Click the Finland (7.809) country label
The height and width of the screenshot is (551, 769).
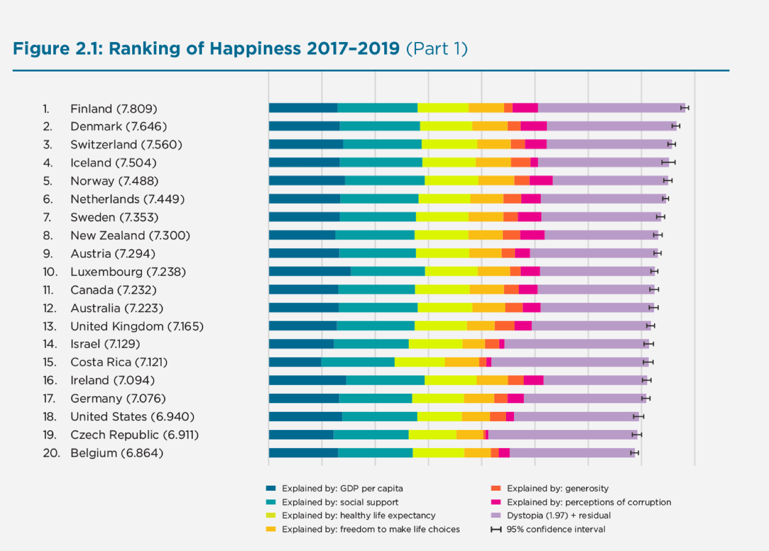coord(114,109)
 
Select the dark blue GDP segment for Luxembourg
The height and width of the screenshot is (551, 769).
coord(309,271)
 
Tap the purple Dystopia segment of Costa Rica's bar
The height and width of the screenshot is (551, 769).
coord(570,362)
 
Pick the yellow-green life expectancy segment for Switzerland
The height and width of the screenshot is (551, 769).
coord(449,144)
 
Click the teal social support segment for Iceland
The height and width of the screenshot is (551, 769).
coord(381,162)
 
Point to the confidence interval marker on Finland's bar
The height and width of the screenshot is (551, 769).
coord(685,108)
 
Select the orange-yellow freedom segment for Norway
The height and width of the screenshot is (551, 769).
coord(496,180)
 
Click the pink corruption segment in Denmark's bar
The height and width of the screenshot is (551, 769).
coord(534,126)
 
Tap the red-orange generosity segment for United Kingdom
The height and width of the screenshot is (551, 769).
coord(504,326)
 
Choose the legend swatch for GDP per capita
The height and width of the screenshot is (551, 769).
coord(271,488)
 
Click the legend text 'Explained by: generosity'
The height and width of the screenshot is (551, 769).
coord(558,488)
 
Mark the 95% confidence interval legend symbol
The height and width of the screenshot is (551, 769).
coord(496,529)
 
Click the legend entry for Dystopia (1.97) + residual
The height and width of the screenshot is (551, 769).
coord(559,515)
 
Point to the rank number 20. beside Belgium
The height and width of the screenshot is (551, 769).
coord(51,453)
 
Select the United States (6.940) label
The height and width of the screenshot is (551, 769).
coord(132,417)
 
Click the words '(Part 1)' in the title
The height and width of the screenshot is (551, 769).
coord(437,48)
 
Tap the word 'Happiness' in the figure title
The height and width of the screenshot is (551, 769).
coord(255,48)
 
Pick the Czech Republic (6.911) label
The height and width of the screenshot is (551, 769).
coord(134,435)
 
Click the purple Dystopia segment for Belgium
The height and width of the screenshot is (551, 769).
coord(572,453)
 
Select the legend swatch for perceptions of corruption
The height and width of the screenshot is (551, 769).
coord(496,502)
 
